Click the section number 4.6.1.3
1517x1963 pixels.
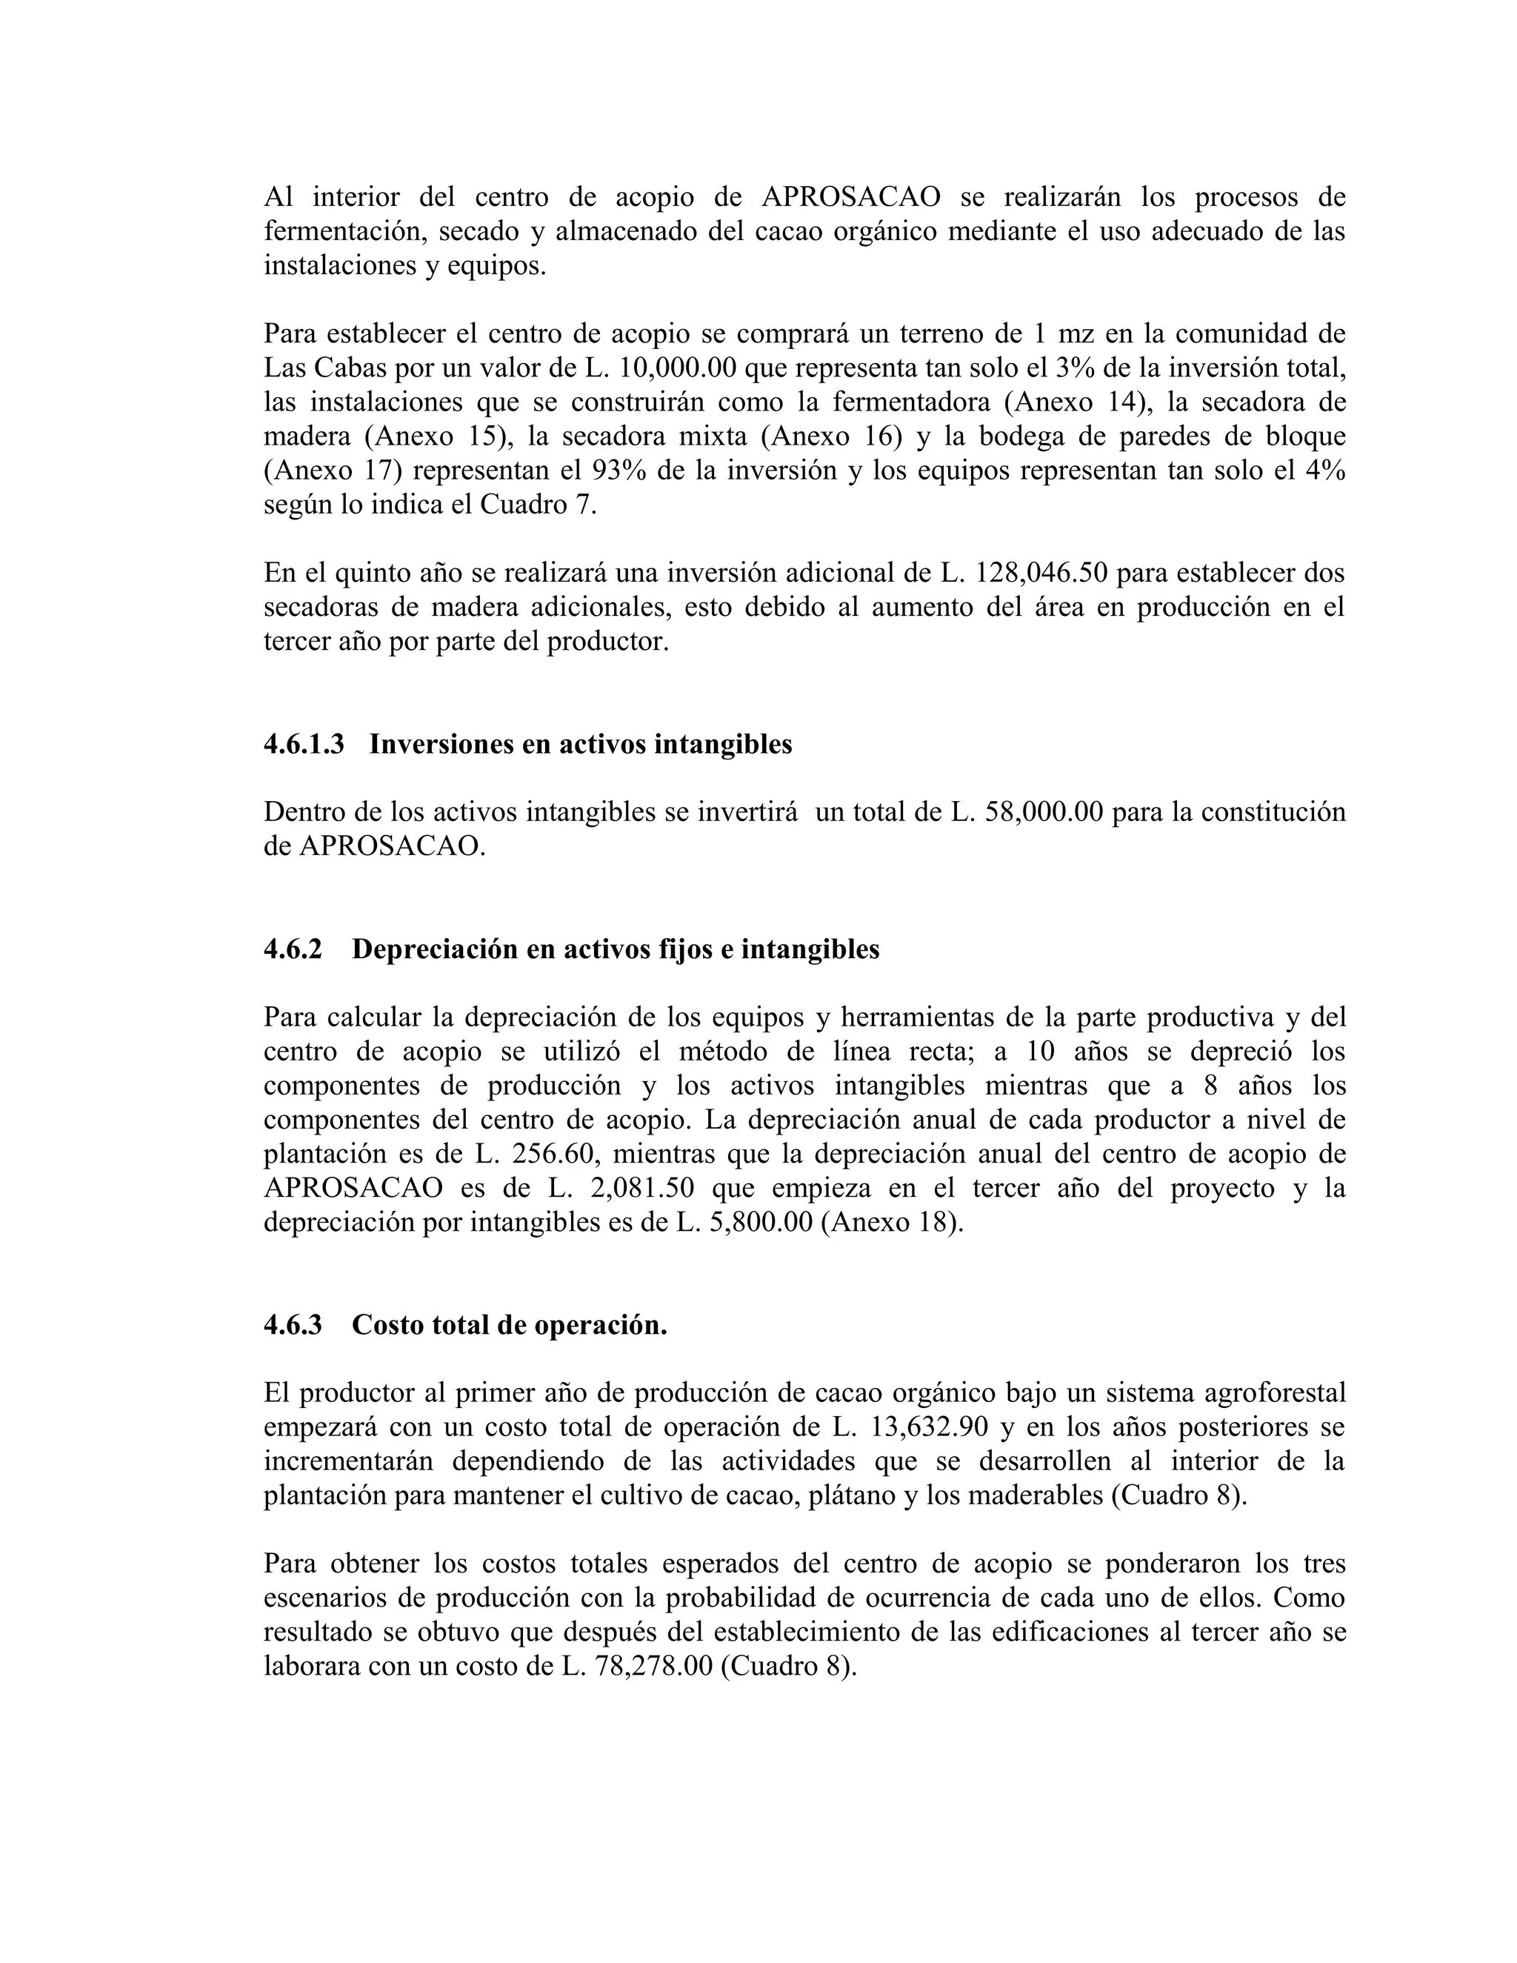pyautogui.click(x=303, y=744)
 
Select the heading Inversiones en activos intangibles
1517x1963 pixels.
pyautogui.click(x=581, y=744)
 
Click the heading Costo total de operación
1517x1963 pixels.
pyautogui.click(x=509, y=1325)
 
